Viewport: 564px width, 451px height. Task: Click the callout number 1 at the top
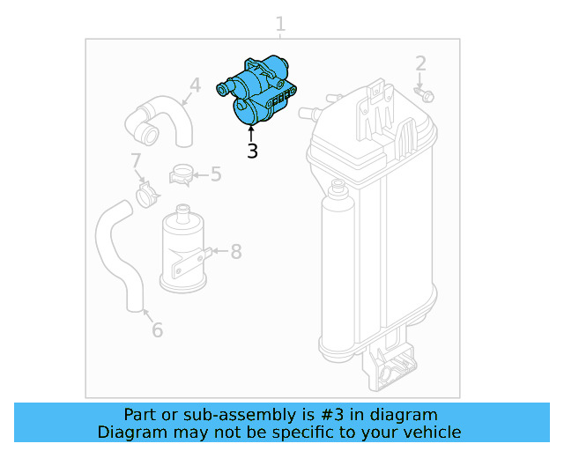pyautogui.click(x=280, y=24)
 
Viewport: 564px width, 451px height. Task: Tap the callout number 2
pyautogui.click(x=420, y=63)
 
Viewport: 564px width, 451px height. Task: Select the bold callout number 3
pyautogui.click(x=253, y=151)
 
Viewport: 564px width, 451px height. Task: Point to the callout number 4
pyautogui.click(x=195, y=85)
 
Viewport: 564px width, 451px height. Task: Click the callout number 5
pyautogui.click(x=216, y=174)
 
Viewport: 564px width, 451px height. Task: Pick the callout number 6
pyautogui.click(x=157, y=330)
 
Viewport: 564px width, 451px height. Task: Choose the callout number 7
pyautogui.click(x=136, y=161)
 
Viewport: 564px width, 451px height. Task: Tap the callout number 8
pyautogui.click(x=235, y=253)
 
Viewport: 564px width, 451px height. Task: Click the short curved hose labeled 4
pyautogui.click(x=163, y=121)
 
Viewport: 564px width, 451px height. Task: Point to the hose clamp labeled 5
pyautogui.click(x=182, y=174)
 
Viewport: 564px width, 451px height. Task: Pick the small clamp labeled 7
pyautogui.click(x=146, y=193)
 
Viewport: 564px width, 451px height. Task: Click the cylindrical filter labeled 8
pyautogui.click(x=183, y=251)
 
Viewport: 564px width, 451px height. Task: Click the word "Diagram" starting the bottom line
pyautogui.click(x=131, y=433)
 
